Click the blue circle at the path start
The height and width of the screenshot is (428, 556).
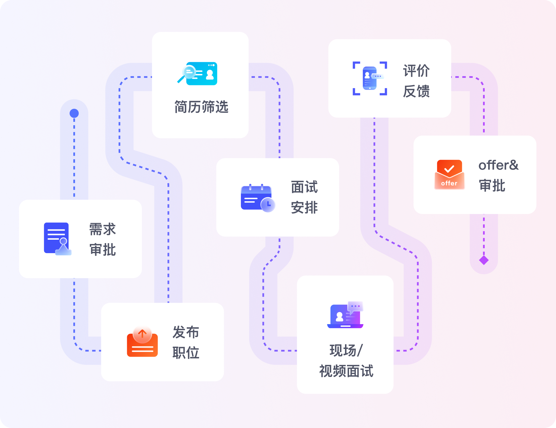(74, 113)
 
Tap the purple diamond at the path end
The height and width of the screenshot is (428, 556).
(484, 260)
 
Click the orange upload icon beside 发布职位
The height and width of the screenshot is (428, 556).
(142, 342)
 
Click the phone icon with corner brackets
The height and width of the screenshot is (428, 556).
(370, 78)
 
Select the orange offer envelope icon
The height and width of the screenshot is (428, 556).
(449, 175)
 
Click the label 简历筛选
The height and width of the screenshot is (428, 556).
(201, 107)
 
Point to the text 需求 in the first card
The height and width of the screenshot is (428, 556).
(103, 229)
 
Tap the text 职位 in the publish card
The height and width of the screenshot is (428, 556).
(186, 353)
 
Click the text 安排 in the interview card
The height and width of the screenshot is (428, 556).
(304, 207)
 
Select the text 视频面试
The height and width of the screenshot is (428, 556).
(346, 371)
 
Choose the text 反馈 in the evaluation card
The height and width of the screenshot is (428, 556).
(416, 91)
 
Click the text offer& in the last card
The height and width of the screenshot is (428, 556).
(498, 165)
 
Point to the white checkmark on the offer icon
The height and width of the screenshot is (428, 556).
(449, 169)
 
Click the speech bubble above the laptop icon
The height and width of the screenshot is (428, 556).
(355, 306)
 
